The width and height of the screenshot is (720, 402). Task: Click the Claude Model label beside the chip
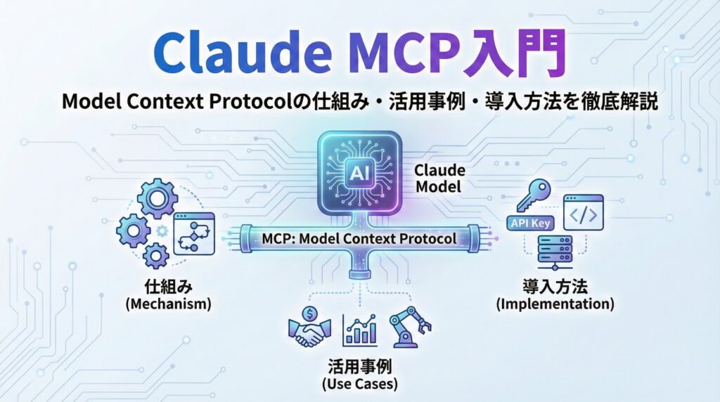437,179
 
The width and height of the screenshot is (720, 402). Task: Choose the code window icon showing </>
583,214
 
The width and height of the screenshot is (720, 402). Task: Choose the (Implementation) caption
555,304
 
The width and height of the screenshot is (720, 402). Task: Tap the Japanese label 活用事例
359,366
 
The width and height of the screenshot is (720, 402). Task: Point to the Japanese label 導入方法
555,287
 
